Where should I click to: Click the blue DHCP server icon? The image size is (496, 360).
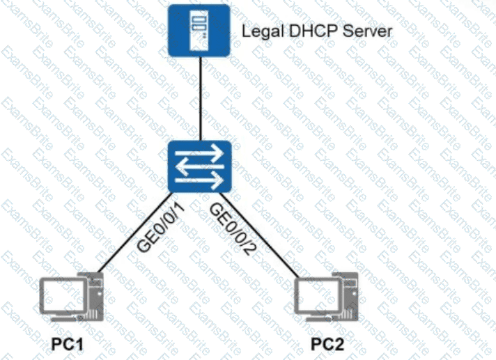pyautogui.click(x=200, y=31)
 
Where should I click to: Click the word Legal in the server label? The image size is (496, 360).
pyautogui.click(x=257, y=31)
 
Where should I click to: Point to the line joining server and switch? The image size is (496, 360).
pyautogui.click(x=201, y=98)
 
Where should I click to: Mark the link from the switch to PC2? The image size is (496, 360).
pyautogui.click(x=265, y=237)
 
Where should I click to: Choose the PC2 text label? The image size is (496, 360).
pyautogui.click(x=326, y=345)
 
